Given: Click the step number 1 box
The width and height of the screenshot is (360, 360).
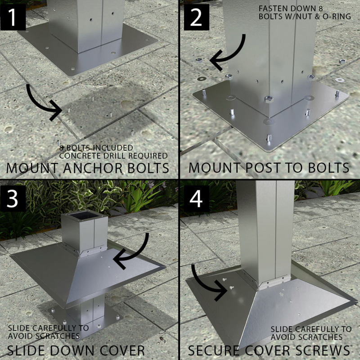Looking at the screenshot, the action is click(13, 18).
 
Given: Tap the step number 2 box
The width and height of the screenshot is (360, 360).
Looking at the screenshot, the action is click(197, 18).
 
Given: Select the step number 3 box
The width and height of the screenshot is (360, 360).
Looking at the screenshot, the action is click(13, 198).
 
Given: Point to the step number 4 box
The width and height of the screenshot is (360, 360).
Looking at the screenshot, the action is click(197, 198).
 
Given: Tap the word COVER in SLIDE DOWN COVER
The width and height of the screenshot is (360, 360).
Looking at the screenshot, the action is click(122, 351).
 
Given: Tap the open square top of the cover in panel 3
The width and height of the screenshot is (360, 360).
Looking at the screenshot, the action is click(85, 215).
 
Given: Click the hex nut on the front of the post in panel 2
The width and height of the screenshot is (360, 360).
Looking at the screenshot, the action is click(269, 99).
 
